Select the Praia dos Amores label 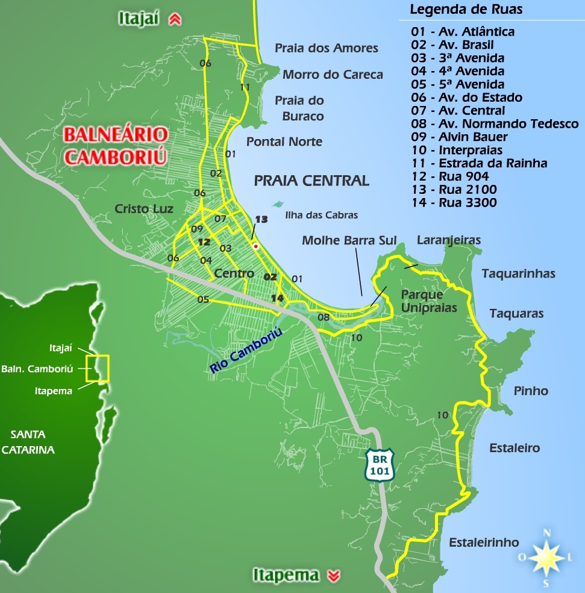[x=327, y=48]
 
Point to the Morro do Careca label [x=333, y=75]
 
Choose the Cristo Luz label [x=144, y=209]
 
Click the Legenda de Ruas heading [x=466, y=10]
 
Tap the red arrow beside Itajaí [x=175, y=19]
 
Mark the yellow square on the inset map [x=97, y=368]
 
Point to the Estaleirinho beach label [x=484, y=542]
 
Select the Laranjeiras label [x=449, y=240]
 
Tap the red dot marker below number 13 [x=256, y=246]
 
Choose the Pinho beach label [x=531, y=391]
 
